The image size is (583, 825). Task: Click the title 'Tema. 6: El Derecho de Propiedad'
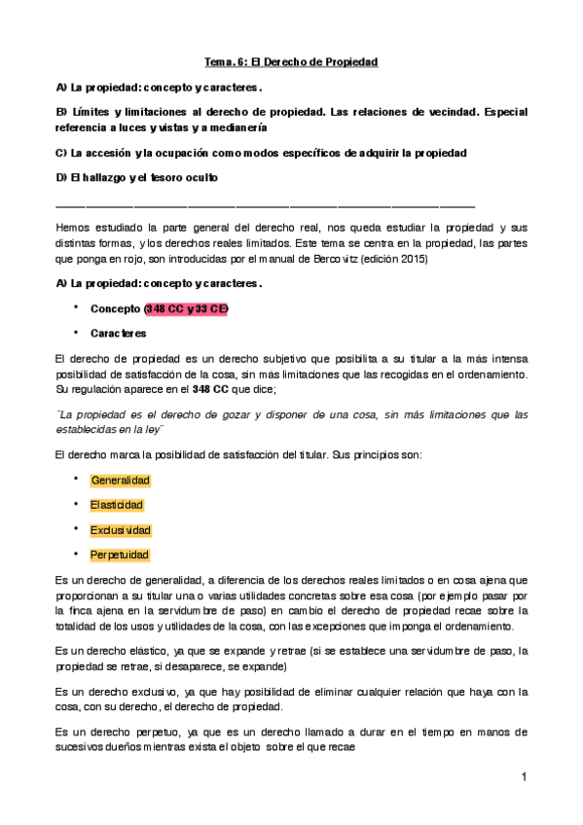pyautogui.click(x=291, y=61)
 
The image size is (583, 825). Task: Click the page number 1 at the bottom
pyautogui.click(x=524, y=776)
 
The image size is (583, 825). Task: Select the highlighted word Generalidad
pyautogui.click(x=121, y=481)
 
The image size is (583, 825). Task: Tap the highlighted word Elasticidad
pyautogui.click(x=117, y=505)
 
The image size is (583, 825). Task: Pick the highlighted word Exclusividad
pyautogui.click(x=121, y=530)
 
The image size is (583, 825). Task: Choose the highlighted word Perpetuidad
pyautogui.click(x=120, y=555)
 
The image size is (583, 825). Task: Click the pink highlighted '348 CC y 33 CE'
pyautogui.click(x=186, y=308)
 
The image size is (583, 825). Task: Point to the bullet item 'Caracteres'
pyautogui.click(x=119, y=333)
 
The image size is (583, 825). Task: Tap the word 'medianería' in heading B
pyautogui.click(x=233, y=127)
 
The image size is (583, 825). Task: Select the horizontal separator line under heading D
pyautogui.click(x=265, y=206)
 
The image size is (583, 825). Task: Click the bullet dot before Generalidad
pyautogui.click(x=75, y=480)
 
